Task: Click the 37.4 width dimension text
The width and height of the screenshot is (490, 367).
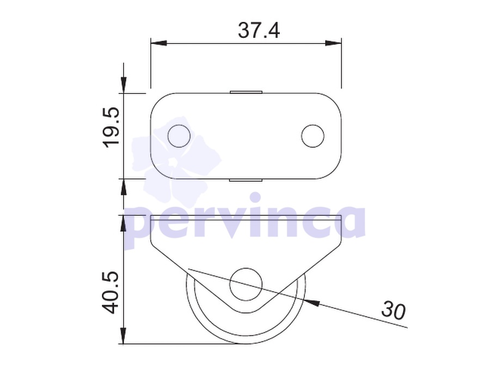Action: click(259, 30)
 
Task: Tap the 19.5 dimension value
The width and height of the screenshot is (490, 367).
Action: click(111, 127)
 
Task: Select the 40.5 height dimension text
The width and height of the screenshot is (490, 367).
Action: click(111, 293)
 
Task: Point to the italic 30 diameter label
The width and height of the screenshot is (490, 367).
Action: click(393, 310)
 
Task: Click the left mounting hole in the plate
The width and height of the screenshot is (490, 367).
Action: click(179, 136)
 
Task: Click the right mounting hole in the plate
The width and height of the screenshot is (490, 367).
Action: click(313, 136)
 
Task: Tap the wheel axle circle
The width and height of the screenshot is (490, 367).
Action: click(246, 284)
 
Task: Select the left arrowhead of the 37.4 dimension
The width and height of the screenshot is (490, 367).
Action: click(158, 43)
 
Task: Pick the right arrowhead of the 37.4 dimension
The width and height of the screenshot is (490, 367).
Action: click(333, 43)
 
